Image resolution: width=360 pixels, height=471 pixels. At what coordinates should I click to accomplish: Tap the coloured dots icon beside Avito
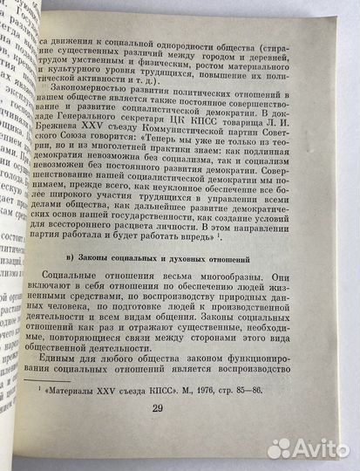[x=278, y=447]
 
